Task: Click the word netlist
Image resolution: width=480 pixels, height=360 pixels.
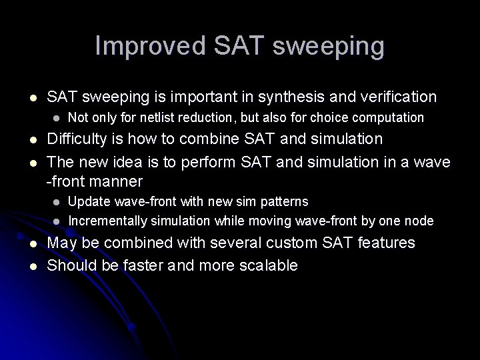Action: pyautogui.click(x=173, y=117)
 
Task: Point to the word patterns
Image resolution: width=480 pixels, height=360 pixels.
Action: pyautogui.click(x=285, y=201)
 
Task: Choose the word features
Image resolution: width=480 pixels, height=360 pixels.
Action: pyautogui.click(x=391, y=243)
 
